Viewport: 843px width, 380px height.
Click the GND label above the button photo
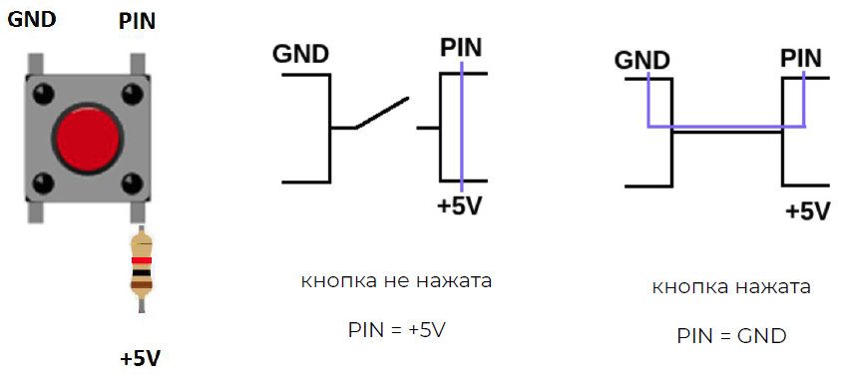click(32, 20)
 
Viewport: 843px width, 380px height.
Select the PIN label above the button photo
click(137, 21)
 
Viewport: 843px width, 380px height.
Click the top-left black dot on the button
click(43, 94)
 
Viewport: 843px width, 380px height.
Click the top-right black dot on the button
click(131, 94)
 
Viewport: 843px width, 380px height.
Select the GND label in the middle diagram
click(300, 54)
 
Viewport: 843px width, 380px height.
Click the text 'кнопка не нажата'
click(397, 281)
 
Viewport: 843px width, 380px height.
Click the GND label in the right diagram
click(641, 60)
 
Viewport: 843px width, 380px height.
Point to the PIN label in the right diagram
click(801, 58)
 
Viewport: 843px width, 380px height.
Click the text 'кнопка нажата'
click(731, 287)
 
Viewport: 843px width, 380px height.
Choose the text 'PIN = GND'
click(731, 335)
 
